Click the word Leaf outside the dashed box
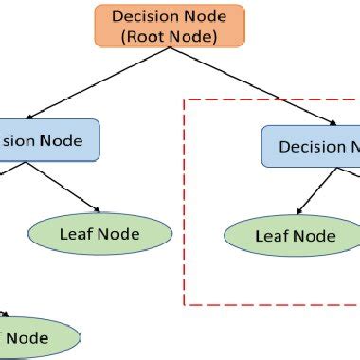click(x=77, y=233)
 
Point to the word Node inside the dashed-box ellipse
click(x=314, y=236)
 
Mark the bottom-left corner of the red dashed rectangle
click(x=184, y=304)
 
